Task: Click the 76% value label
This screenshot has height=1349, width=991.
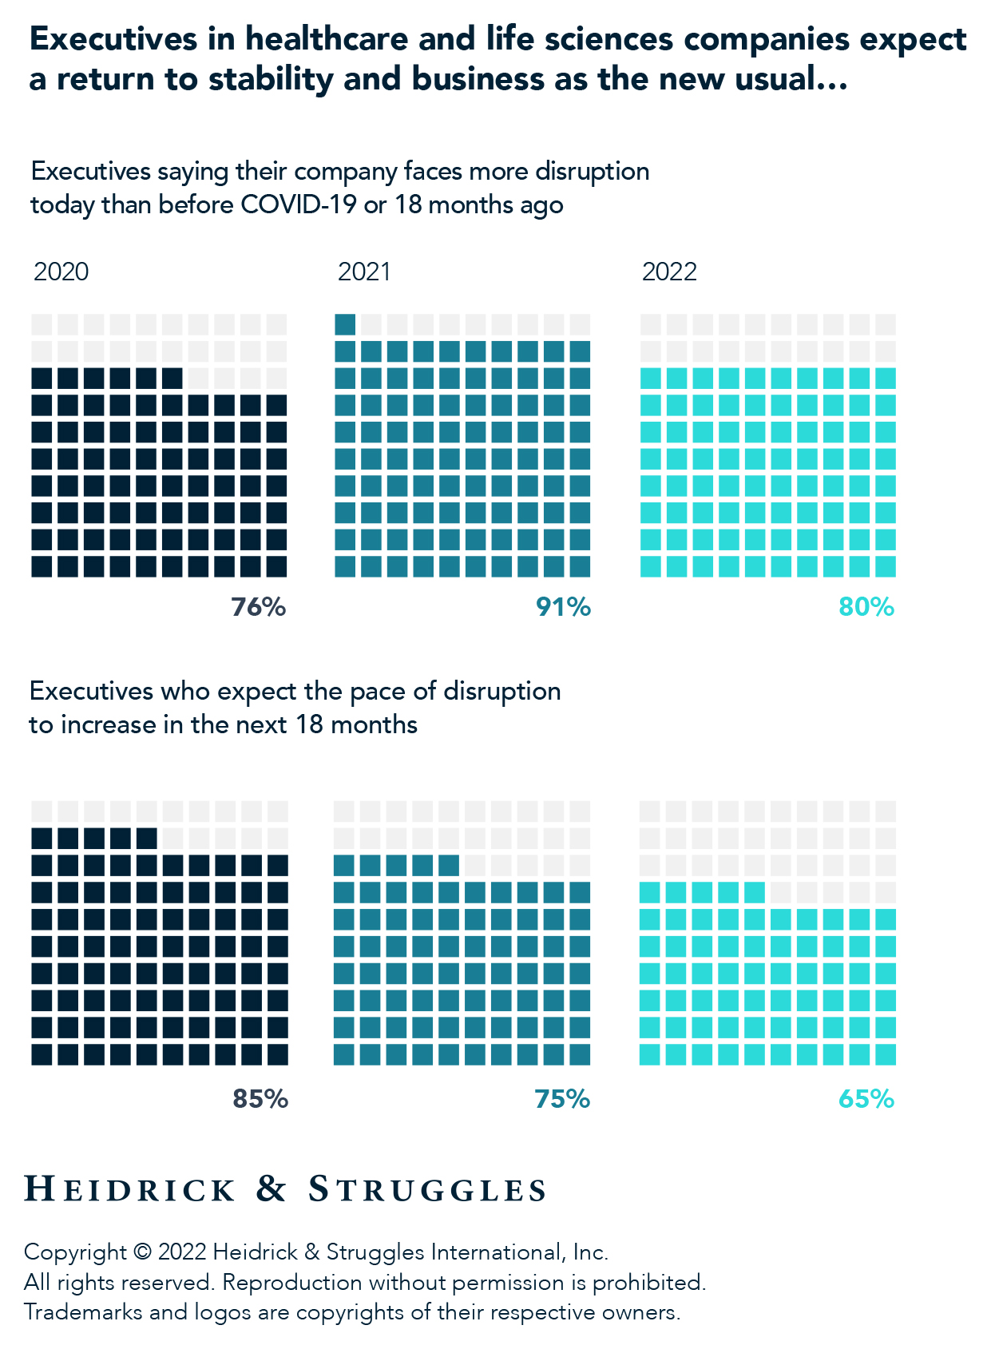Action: click(259, 608)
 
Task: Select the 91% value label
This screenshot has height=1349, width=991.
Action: click(563, 608)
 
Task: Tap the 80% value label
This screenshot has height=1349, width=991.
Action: click(866, 608)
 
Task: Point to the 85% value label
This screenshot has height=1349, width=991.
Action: click(260, 1100)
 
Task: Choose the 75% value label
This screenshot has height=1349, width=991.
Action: click(562, 1100)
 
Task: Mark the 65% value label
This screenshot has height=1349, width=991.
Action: click(866, 1100)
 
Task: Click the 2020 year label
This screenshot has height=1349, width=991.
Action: click(61, 272)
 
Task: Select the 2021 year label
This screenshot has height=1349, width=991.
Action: click(364, 272)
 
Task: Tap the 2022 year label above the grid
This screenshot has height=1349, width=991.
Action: click(669, 272)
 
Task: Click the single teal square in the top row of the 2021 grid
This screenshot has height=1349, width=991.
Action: click(345, 324)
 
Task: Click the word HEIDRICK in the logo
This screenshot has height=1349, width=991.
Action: click(130, 1190)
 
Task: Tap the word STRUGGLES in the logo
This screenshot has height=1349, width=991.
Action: click(427, 1190)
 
